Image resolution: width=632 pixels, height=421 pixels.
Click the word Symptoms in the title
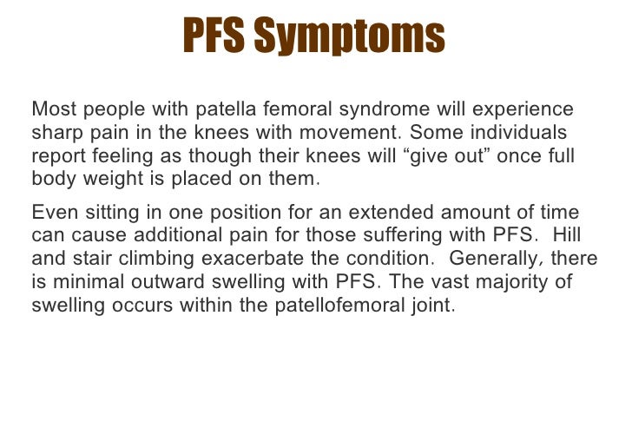tap(365, 36)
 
